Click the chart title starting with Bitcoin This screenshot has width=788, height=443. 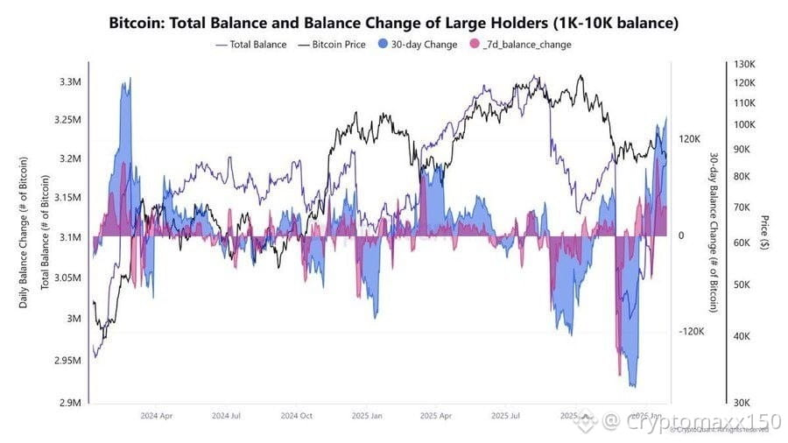tap(393, 21)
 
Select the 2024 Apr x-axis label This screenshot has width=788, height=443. tap(158, 416)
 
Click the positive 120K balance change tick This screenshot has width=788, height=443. tap(691, 139)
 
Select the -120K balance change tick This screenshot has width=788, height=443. tap(691, 332)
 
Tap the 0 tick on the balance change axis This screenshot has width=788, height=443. tap(680, 236)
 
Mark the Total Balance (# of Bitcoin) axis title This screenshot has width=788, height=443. tap(45, 233)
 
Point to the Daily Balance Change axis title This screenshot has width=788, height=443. tap(24, 233)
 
